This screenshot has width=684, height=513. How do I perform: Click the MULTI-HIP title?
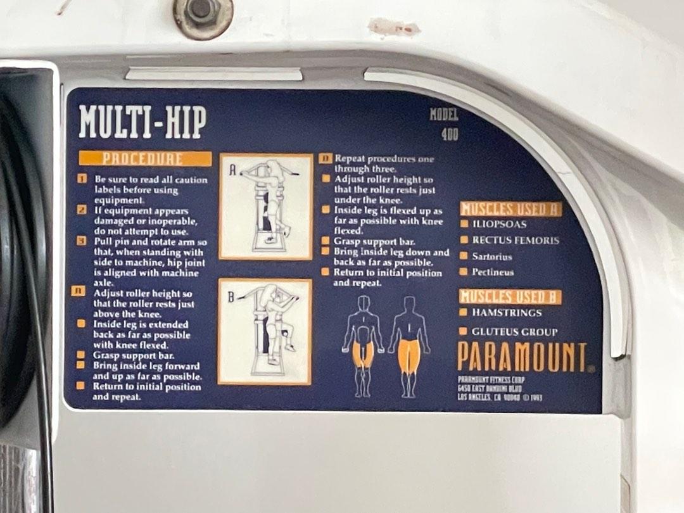(142, 123)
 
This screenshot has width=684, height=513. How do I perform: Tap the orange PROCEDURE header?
(145, 159)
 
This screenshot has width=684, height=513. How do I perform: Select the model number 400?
(450, 134)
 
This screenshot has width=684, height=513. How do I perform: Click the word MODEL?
(443, 115)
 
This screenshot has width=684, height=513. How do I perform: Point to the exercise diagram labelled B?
(265, 331)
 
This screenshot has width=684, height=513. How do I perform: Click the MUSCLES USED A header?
(510, 209)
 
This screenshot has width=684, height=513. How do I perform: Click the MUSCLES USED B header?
(510, 296)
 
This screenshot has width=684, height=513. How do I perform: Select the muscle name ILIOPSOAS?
(499, 224)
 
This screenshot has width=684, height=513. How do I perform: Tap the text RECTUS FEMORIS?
(516, 241)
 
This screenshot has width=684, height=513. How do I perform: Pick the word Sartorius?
(492, 256)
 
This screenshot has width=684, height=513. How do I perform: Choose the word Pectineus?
(493, 272)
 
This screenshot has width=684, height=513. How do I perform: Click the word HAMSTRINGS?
(507, 313)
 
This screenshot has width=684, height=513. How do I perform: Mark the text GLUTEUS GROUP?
(514, 332)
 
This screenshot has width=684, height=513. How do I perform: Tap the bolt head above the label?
(203, 11)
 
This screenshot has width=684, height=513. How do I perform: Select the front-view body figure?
(363, 346)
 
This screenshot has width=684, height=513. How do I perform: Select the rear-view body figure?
(408, 346)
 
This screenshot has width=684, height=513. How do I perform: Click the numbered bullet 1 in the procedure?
(82, 179)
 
